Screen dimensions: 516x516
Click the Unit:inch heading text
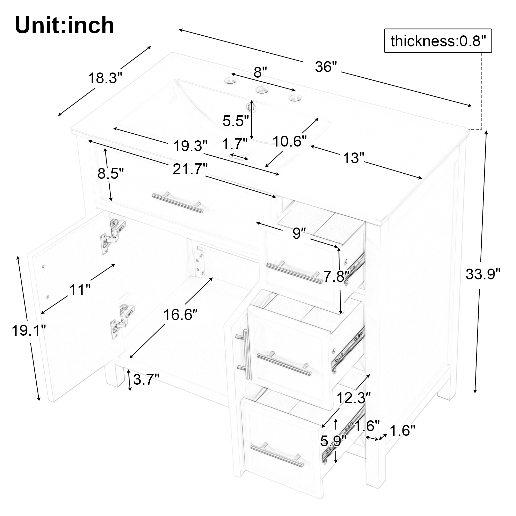(x=65, y=25)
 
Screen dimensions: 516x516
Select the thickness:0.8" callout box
(x=438, y=41)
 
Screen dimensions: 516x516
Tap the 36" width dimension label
(x=326, y=67)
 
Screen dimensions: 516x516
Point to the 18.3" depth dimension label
(x=105, y=78)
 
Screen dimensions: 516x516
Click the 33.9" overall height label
(x=483, y=274)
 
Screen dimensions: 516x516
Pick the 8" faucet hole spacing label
(x=260, y=72)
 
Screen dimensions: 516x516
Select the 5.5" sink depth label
(x=236, y=121)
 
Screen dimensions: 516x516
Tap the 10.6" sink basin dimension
(x=289, y=141)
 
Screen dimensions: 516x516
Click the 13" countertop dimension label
(x=354, y=158)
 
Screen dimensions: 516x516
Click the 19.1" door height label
(x=29, y=331)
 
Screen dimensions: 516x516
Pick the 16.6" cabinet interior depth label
(x=181, y=315)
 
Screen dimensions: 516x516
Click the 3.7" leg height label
(x=146, y=379)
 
